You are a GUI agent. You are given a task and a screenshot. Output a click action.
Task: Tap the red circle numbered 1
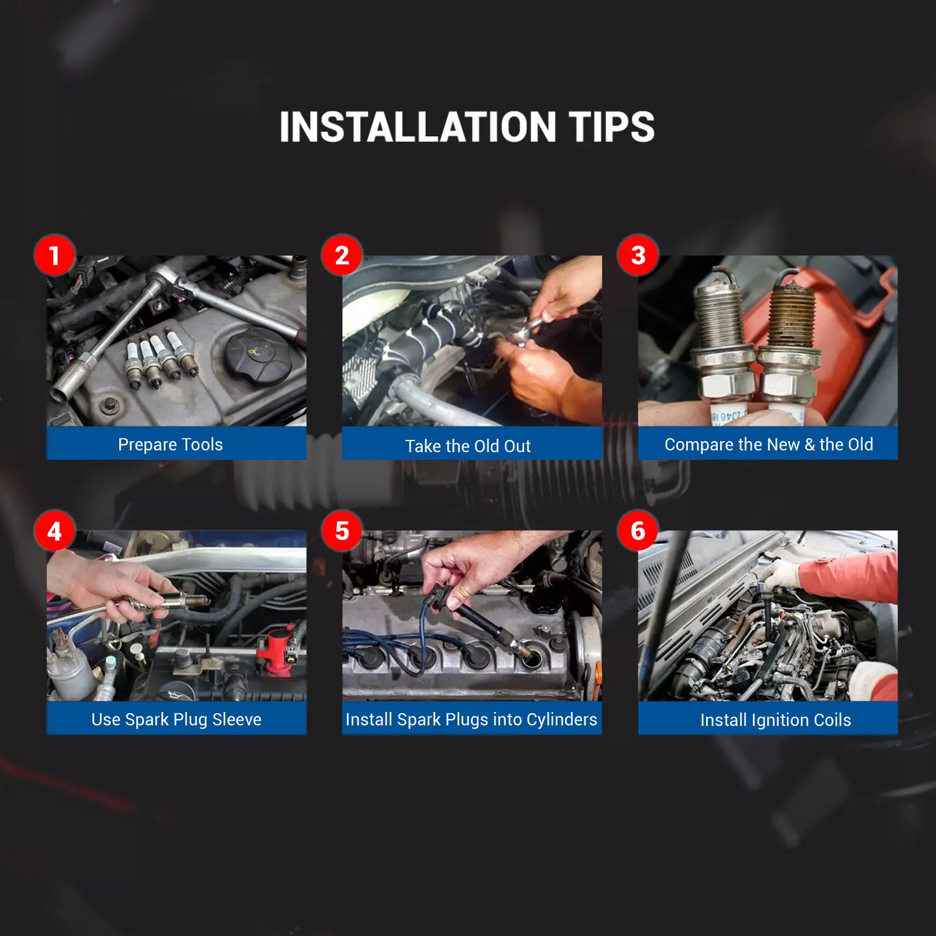54,255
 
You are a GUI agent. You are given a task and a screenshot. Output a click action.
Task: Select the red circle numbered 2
342,255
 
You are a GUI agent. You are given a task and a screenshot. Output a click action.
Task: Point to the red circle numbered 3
638,255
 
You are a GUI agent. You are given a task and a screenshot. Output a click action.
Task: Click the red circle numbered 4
54,531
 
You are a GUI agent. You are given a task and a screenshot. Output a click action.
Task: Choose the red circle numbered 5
342,531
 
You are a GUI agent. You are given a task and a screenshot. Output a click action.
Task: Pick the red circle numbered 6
638,531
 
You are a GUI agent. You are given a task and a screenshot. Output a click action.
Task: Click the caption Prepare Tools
170,444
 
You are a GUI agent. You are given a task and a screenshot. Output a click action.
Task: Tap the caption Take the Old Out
468,446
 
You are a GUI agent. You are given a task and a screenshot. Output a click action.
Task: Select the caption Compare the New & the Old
768,444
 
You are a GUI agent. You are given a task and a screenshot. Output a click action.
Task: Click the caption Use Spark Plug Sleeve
176,720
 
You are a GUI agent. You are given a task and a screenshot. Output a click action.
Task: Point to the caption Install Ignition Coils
776,720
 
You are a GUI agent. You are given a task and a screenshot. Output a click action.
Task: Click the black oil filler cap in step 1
258,356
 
